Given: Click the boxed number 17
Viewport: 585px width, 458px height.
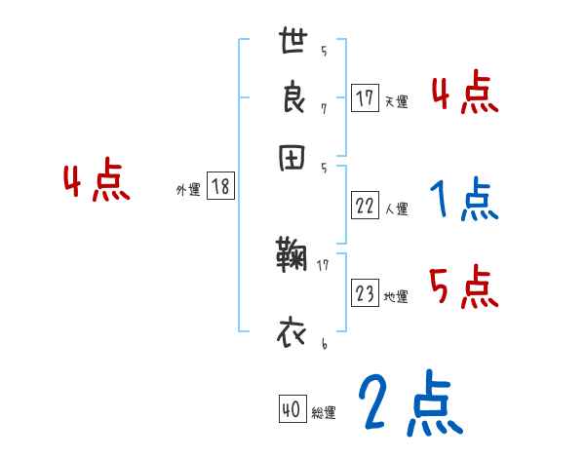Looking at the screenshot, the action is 365,98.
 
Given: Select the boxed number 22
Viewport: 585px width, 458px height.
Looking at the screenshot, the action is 365,206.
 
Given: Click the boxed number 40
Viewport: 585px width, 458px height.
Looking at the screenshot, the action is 290,411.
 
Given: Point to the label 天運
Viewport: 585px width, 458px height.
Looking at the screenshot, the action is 396,101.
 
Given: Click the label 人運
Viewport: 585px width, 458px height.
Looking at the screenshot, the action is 396,209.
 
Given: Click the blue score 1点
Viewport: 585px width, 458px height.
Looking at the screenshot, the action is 463,201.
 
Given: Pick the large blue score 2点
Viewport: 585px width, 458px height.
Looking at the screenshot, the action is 410,404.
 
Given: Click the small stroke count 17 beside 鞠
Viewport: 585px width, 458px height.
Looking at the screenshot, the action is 323,263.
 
